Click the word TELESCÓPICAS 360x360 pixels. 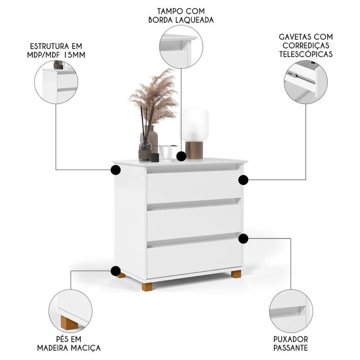[306, 54]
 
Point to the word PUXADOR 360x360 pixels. [291, 338]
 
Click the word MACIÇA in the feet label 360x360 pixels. [83, 348]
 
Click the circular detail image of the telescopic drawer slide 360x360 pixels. [306, 82]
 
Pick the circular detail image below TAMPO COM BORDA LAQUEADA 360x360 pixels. [181, 47]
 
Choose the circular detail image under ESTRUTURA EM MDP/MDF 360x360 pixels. [59, 82]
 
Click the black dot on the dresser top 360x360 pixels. [181, 157]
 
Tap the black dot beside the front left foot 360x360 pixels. [116, 271]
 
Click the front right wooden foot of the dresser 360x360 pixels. [236, 274]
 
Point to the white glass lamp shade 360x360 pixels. [194, 124]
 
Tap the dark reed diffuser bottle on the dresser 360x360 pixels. [145, 150]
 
